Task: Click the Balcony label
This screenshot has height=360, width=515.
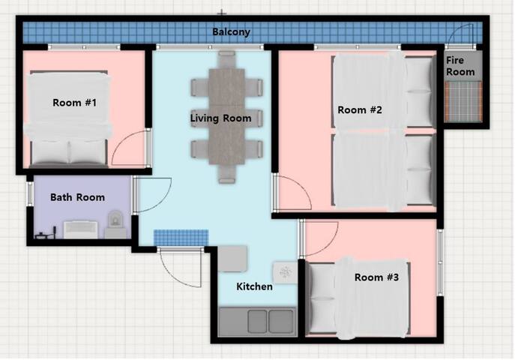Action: [231, 31]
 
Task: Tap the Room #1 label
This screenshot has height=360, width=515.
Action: [74, 103]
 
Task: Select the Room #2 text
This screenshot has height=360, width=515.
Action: [360, 109]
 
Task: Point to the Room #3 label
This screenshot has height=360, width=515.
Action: [376, 277]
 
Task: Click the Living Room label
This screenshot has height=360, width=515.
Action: [220, 118]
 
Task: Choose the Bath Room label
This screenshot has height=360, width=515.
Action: [77, 197]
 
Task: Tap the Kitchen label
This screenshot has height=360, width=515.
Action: [254, 286]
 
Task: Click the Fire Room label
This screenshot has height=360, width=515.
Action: [460, 66]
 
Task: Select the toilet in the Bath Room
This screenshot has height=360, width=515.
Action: [115, 224]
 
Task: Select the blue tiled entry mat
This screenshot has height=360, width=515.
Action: [181, 238]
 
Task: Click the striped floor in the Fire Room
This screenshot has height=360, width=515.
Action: [463, 101]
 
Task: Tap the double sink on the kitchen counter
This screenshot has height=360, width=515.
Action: [271, 322]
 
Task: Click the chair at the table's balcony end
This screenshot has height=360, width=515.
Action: [226, 59]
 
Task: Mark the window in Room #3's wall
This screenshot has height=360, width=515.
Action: [440, 262]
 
